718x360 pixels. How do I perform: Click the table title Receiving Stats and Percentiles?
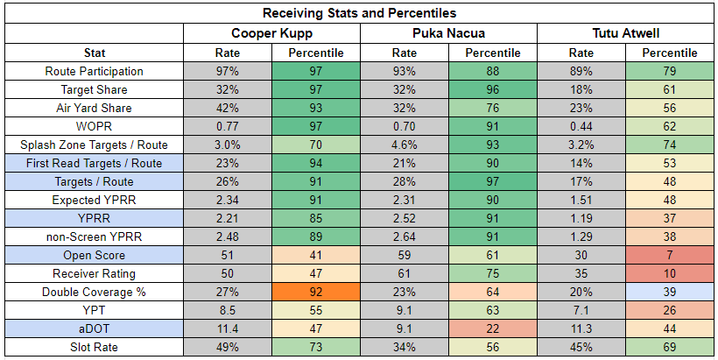point(359,13)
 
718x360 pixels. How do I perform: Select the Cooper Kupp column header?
point(271,33)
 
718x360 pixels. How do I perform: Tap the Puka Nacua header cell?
point(448,33)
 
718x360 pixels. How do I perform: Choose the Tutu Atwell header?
point(625,33)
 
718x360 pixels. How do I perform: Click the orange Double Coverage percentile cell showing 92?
point(315,292)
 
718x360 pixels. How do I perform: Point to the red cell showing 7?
point(670,255)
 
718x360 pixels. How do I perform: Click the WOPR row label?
point(95,126)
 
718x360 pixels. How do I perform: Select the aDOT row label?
point(95,328)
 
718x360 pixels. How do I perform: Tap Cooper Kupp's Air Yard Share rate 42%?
point(227,108)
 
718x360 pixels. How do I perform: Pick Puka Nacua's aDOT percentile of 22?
point(493,328)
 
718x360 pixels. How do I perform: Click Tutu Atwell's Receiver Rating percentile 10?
point(670,273)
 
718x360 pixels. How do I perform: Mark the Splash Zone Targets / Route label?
point(95,145)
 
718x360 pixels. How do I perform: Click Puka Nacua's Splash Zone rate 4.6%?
point(405,145)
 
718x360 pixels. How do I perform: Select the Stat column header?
point(95,53)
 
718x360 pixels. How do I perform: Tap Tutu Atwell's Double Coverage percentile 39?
point(670,292)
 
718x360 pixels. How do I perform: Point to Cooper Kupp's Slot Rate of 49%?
point(227,347)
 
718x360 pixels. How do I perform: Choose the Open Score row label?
point(95,255)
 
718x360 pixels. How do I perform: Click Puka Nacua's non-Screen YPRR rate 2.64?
point(405,236)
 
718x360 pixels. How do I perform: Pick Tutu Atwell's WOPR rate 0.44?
point(581,126)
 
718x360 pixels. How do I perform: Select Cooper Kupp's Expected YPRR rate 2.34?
point(227,200)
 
